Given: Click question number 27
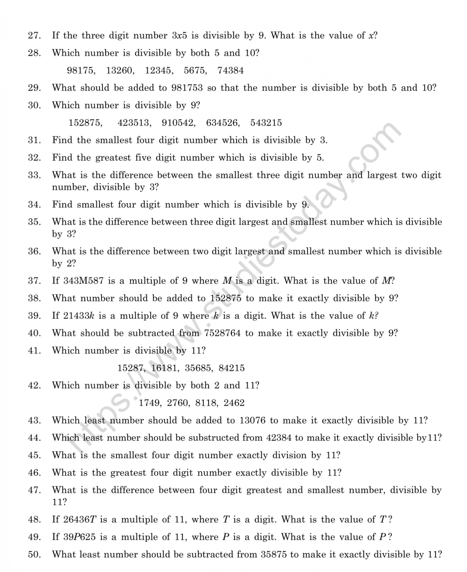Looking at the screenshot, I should click(34, 35).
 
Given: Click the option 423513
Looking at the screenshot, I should click(134, 123).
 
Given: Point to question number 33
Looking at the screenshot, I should click(34, 175).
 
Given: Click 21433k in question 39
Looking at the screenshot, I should click(79, 316).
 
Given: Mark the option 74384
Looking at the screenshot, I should click(230, 71).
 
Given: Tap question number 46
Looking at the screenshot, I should click(34, 473).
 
